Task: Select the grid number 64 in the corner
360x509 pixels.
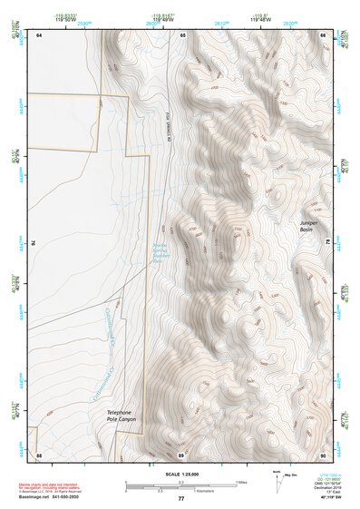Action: point(39,34)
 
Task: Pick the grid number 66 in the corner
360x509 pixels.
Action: point(323,34)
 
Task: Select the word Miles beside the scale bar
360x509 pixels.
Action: point(239,481)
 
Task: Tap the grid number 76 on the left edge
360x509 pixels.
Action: point(34,243)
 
